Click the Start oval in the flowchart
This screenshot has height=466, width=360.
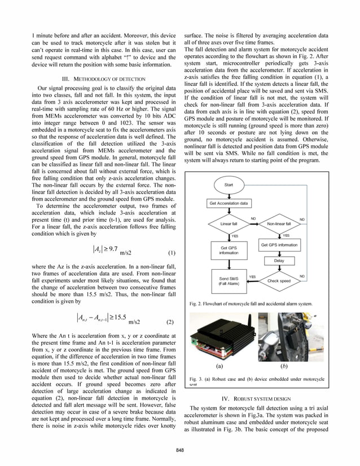229,184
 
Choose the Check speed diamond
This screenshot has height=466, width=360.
279,280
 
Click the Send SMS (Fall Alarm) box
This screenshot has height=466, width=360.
228,280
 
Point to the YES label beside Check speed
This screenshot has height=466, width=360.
252,276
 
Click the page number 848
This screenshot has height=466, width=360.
179,450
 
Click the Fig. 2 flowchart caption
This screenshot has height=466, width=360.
251,304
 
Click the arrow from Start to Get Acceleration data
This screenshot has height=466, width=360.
229,193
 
